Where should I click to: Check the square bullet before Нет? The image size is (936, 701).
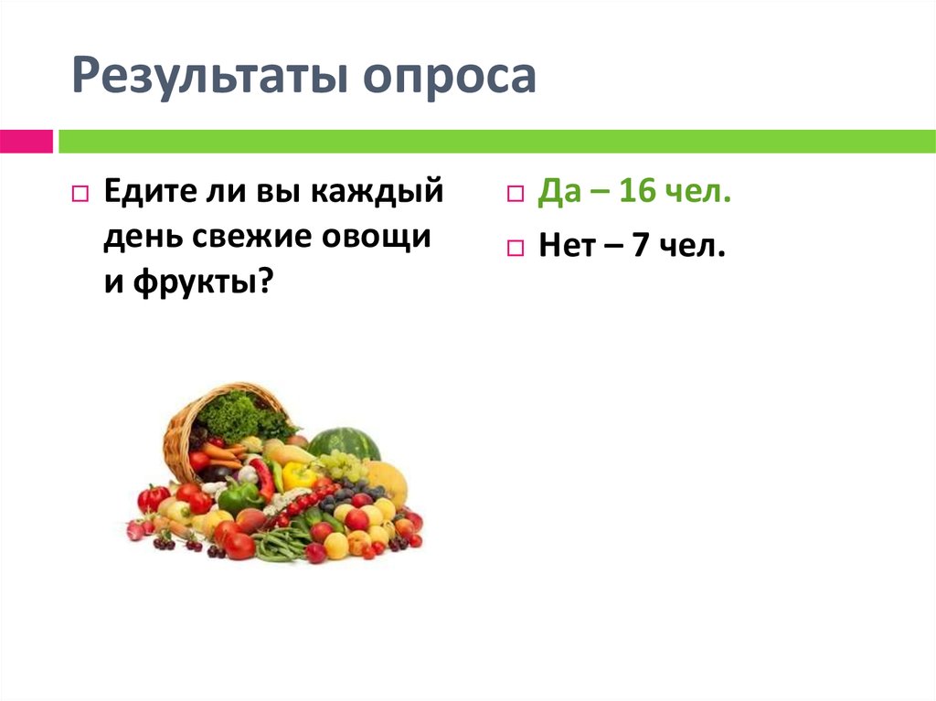coord(516,247)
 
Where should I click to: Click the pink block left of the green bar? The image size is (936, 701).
coord(26,142)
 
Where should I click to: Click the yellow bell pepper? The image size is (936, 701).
coord(298,475)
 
